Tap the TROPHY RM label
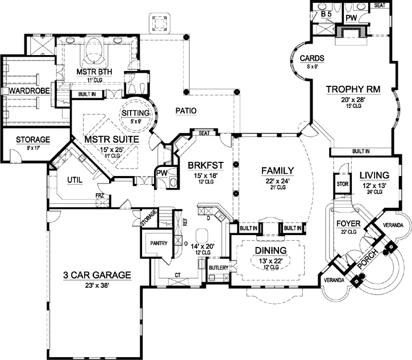pyautogui.click(x=352, y=89)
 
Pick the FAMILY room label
pyautogui.click(x=277, y=170)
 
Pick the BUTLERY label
pyautogui.click(x=218, y=266)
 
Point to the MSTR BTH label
pyautogui.click(x=94, y=72)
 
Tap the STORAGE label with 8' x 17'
pyautogui.click(x=33, y=139)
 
